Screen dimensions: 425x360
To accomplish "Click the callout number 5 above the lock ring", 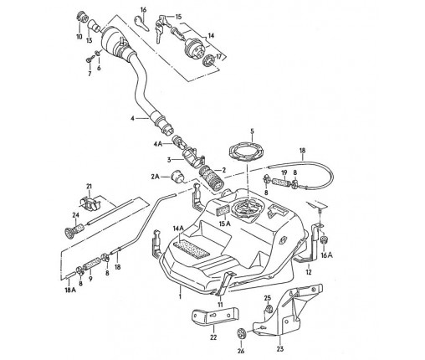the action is [x=252, y=131].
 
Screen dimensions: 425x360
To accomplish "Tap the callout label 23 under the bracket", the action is [x=280, y=348].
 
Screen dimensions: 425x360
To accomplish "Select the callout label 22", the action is [x=213, y=337].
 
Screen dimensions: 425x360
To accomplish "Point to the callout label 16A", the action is [x=326, y=255].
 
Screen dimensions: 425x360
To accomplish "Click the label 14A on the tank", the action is [x=178, y=229].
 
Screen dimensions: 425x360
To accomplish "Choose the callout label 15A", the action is [x=225, y=224].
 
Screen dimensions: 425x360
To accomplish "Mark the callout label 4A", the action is [x=158, y=144].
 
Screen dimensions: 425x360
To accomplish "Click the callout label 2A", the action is [x=156, y=177].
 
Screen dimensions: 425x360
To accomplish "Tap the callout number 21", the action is [x=89, y=186].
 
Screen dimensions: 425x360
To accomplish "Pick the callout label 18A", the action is [x=70, y=290].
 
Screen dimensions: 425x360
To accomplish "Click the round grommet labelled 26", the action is [x=241, y=333].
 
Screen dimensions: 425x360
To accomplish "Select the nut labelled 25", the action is [x=269, y=309].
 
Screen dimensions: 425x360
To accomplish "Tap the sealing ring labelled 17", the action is [x=209, y=60].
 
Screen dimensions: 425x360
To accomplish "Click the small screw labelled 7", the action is [x=90, y=59].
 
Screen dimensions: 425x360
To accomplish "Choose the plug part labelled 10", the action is [x=80, y=17].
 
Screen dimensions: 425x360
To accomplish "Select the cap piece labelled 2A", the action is [x=177, y=176].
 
